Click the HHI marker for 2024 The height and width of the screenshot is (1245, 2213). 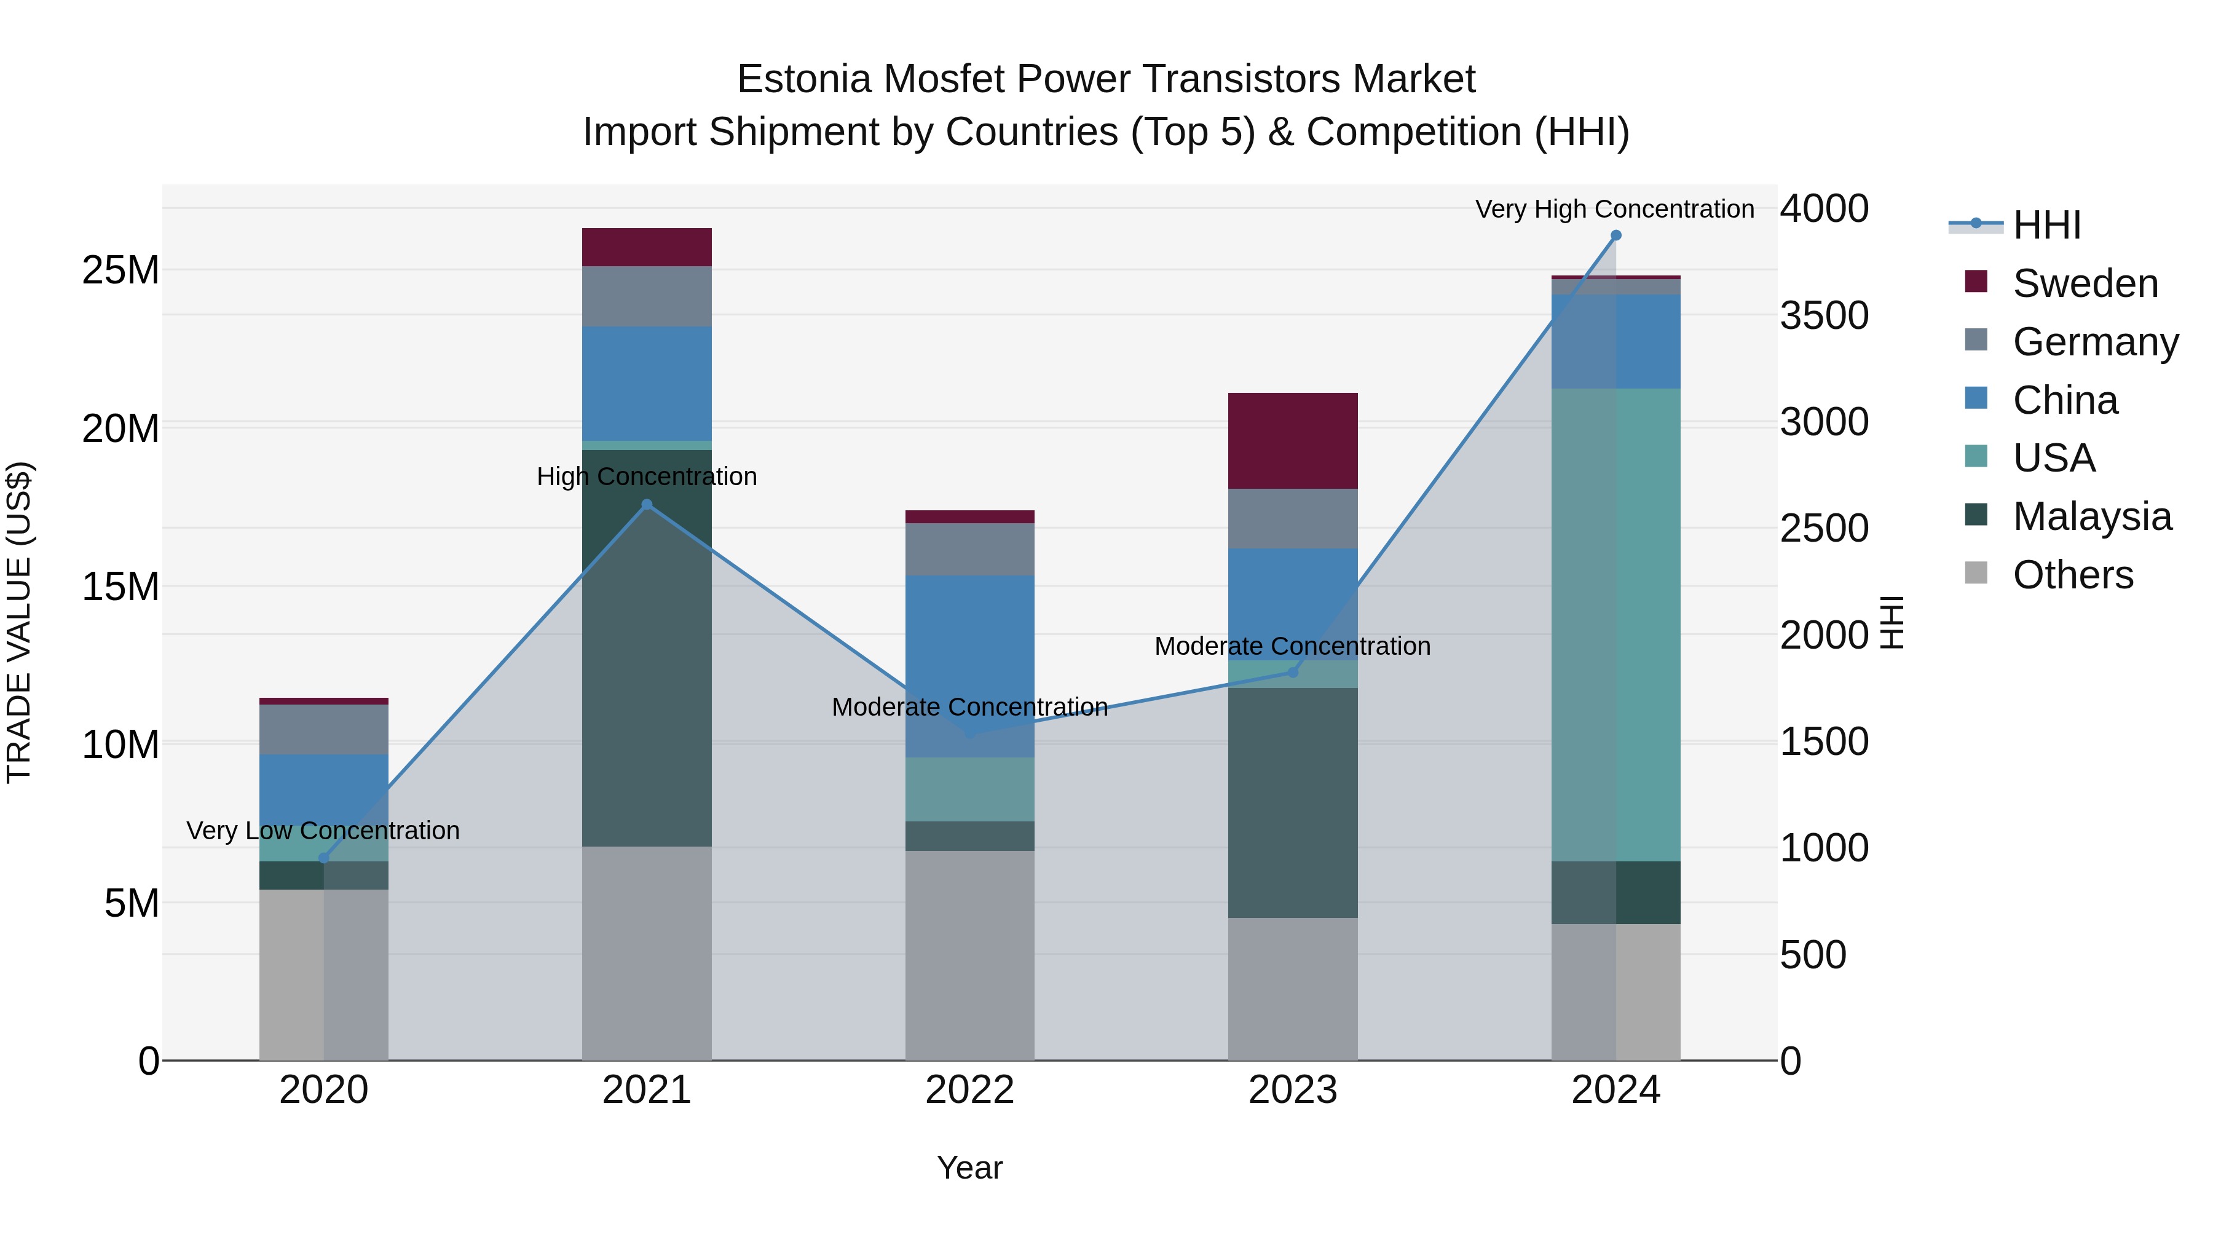tap(1615, 235)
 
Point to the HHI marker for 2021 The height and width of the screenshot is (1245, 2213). tap(647, 505)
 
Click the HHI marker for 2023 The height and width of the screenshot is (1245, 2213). tap(1293, 673)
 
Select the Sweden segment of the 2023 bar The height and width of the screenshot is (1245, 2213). tap(1293, 441)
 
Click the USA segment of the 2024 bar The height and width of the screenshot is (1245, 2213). tap(1615, 625)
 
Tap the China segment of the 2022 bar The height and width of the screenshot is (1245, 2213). tap(970, 666)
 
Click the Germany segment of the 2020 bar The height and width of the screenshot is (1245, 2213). tap(324, 729)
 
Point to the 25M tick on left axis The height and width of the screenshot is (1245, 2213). tap(120, 271)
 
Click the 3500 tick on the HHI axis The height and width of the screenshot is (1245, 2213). tap(1823, 315)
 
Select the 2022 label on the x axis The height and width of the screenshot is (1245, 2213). tap(970, 1090)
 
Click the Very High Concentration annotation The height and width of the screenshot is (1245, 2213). tap(1614, 209)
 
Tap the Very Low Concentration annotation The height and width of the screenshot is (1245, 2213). tap(323, 831)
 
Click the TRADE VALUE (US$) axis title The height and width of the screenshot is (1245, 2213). tap(20, 622)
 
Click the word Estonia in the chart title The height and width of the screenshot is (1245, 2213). tap(804, 79)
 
